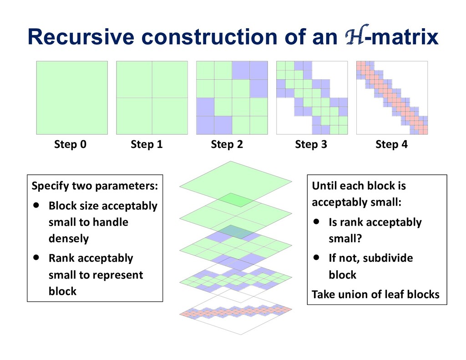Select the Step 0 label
[71, 145]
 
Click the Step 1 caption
[147, 145]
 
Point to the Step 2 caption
[227, 145]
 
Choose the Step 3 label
[311, 145]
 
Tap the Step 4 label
[391, 145]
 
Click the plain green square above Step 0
[72, 98]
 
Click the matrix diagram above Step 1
[152, 98]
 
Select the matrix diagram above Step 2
[232, 98]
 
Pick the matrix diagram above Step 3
[312, 98]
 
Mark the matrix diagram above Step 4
[392, 98]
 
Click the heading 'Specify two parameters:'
[95, 186]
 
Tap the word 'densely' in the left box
[69, 238]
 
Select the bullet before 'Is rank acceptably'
[317, 222]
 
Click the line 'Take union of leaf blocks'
[375, 294]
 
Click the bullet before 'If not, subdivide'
[317, 258]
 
